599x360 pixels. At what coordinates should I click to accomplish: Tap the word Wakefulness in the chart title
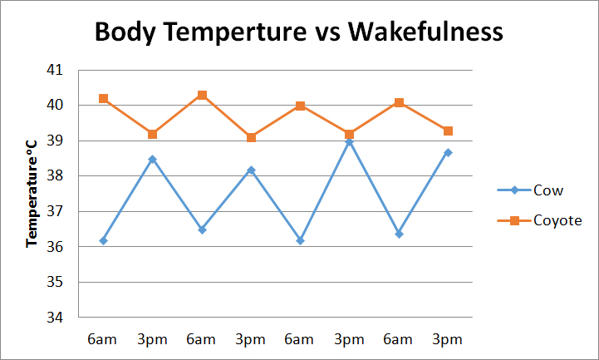click(425, 32)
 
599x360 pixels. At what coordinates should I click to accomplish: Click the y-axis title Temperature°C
click(33, 193)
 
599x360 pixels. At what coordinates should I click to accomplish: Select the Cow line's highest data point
click(349, 142)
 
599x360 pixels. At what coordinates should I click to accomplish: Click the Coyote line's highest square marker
click(202, 96)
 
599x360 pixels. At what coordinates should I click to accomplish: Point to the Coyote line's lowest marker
click(251, 137)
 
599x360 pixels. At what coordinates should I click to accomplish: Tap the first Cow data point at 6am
click(103, 241)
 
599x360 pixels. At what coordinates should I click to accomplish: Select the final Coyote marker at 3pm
click(448, 131)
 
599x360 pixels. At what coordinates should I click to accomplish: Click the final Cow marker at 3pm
click(448, 152)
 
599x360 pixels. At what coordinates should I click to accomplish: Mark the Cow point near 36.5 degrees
click(202, 229)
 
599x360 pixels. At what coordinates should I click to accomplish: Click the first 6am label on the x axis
click(103, 339)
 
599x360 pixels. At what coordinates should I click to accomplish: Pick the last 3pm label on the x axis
click(448, 339)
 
